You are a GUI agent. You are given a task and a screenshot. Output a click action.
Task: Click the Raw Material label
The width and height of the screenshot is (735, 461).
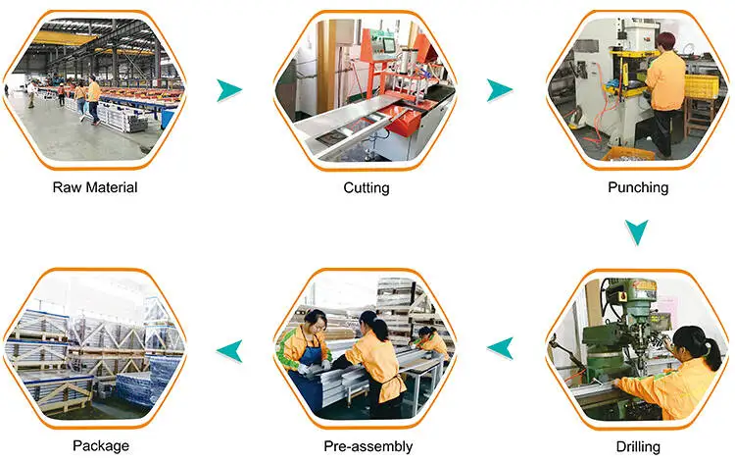(95, 187)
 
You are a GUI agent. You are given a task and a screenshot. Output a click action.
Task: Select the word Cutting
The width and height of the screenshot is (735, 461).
(367, 187)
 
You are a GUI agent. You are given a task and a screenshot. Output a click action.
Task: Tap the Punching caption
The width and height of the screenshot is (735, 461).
(637, 187)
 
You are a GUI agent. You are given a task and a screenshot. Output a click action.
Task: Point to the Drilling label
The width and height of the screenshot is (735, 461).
(637, 446)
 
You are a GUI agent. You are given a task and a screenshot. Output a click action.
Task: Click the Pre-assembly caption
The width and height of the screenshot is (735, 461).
(367, 446)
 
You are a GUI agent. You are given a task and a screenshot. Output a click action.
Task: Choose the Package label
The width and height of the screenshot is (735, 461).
(100, 446)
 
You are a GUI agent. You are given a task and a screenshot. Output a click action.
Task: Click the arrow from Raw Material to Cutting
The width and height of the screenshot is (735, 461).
(228, 91)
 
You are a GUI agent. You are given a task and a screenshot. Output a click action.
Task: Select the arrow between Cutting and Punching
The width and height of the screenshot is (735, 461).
(500, 91)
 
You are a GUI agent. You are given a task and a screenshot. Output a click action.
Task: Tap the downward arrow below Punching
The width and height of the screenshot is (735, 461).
(637, 231)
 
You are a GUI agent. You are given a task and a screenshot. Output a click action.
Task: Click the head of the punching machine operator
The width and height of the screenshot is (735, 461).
(666, 41)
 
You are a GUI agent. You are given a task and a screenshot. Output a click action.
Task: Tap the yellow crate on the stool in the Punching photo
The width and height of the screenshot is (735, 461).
(699, 86)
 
